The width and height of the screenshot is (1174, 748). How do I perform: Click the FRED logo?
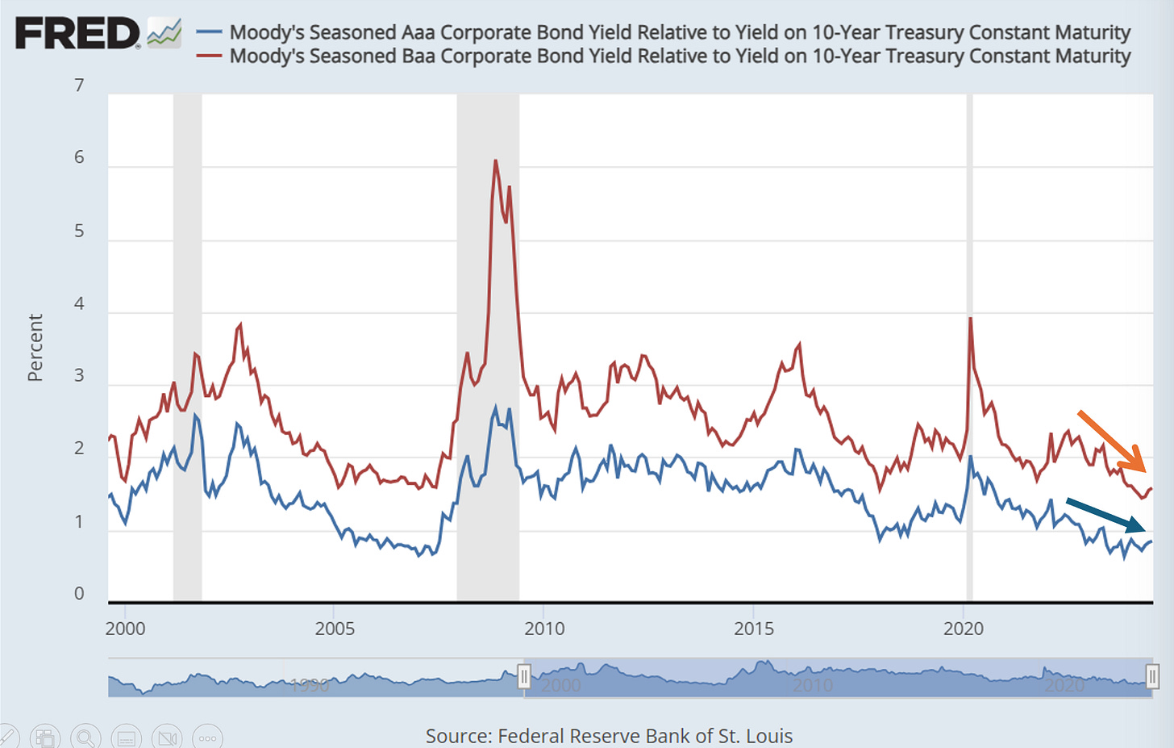pyautogui.click(x=77, y=34)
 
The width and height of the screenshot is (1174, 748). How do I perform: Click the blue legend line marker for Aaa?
pyautogui.click(x=210, y=32)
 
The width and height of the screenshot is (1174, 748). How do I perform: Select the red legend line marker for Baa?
pyautogui.click(x=210, y=56)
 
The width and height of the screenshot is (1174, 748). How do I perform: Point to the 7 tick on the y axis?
pyautogui.click(x=79, y=86)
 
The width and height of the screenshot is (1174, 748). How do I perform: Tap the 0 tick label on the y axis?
pyautogui.click(x=79, y=594)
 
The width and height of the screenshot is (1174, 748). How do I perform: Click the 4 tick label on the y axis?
pyautogui.click(x=79, y=304)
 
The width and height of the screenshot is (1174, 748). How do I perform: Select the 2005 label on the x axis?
pyautogui.click(x=335, y=629)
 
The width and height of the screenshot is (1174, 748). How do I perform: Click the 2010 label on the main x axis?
pyautogui.click(x=544, y=629)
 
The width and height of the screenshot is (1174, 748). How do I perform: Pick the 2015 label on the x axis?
pyautogui.click(x=754, y=629)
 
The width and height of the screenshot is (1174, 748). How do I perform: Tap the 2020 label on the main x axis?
pyautogui.click(x=964, y=629)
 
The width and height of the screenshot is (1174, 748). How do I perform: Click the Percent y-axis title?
pyautogui.click(x=35, y=348)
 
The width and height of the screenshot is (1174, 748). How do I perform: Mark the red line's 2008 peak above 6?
pyautogui.click(x=495, y=161)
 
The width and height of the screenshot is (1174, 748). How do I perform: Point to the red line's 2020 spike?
pyautogui.click(x=970, y=319)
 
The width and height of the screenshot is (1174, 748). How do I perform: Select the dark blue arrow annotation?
pyautogui.click(x=1105, y=515)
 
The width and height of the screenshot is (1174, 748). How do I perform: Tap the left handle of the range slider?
pyautogui.click(x=524, y=675)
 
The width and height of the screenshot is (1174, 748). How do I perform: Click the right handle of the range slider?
pyautogui.click(x=1152, y=675)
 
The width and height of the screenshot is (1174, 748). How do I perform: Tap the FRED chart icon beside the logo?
pyautogui.click(x=164, y=33)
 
